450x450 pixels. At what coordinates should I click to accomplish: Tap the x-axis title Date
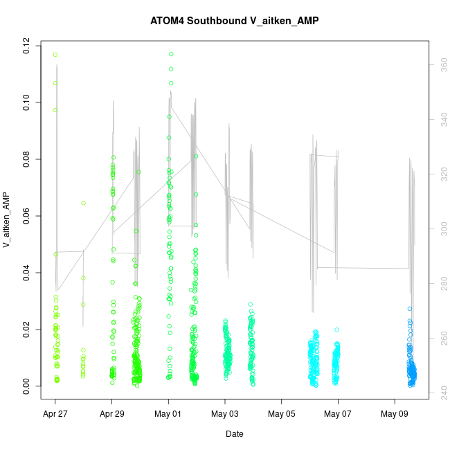pyautogui.click(x=234, y=434)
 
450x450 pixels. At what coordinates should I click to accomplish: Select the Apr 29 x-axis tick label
pyautogui.click(x=112, y=415)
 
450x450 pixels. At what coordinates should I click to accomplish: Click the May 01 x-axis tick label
pyautogui.click(x=168, y=415)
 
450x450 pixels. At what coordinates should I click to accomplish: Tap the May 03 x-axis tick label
pyautogui.click(x=225, y=415)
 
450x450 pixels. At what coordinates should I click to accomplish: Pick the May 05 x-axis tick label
pyautogui.click(x=282, y=415)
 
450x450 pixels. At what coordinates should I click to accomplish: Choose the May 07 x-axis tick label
pyautogui.click(x=338, y=415)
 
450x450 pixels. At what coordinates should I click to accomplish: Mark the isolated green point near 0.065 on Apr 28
pyautogui.click(x=83, y=203)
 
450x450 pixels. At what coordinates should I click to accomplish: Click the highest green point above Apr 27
pyautogui.click(x=55, y=55)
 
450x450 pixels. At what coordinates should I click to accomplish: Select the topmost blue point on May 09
pyautogui.click(x=410, y=309)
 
